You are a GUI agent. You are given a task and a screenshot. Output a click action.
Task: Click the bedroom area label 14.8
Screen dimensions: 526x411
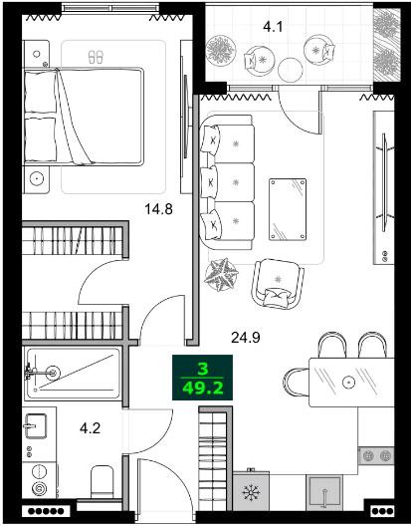pyautogui.click(x=159, y=210)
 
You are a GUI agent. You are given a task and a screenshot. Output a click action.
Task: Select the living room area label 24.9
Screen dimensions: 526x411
pyautogui.click(x=246, y=338)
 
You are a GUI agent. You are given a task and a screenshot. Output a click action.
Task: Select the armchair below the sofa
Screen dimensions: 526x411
pyautogui.click(x=276, y=282)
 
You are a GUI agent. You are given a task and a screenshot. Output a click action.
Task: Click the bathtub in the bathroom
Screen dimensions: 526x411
pyautogui.click(x=73, y=373)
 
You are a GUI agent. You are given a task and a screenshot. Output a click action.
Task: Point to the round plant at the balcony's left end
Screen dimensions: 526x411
pyautogui.click(x=215, y=47)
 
